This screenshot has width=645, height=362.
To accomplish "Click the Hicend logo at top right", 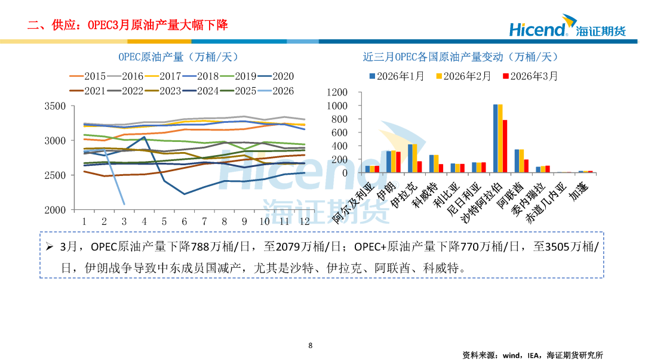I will (x=567, y=29).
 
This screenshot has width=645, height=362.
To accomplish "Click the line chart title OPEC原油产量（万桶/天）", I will (x=178, y=57).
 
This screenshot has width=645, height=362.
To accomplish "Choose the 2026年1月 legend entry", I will (x=397, y=76).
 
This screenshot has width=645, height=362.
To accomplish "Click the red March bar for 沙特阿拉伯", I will (x=505, y=146).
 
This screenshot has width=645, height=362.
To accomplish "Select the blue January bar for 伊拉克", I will (x=410, y=158).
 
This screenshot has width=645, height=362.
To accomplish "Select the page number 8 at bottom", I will (x=311, y=345).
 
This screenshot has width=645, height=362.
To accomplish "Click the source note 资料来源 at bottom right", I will (x=533, y=355).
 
